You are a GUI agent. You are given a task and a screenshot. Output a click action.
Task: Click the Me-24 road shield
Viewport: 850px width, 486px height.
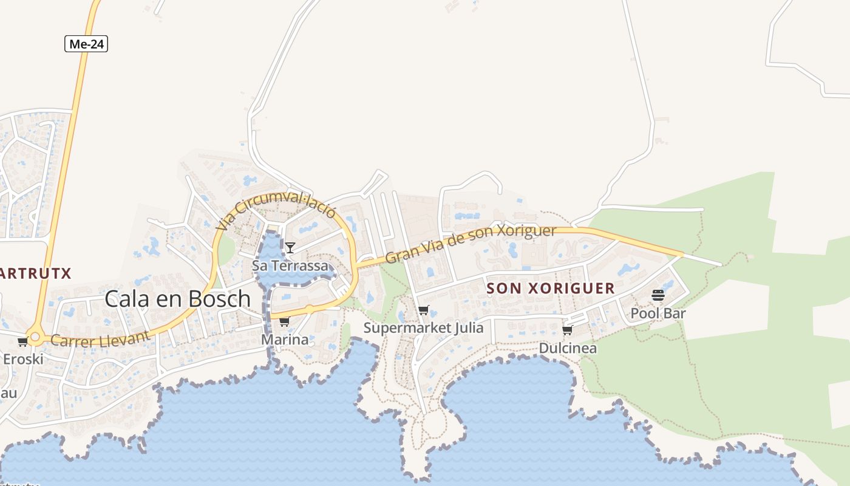click(x=86, y=44)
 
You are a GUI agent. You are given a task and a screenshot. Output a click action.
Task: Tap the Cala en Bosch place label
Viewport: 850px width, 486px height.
click(x=177, y=299)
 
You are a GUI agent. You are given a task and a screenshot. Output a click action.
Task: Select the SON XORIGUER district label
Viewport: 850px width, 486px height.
click(x=551, y=289)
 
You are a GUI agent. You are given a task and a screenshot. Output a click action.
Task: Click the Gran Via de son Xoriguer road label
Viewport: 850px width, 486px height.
click(x=471, y=243)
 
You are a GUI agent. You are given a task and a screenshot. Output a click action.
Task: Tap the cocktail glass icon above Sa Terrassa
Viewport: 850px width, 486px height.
click(x=290, y=247)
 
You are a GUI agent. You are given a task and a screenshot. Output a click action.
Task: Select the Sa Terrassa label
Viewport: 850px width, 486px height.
click(x=290, y=265)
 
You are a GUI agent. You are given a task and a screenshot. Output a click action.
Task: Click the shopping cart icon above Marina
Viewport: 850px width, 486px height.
click(x=284, y=321)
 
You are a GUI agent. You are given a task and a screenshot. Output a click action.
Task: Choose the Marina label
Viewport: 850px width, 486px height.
click(x=285, y=340)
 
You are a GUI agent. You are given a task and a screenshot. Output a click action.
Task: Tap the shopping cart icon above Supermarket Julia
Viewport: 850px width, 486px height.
click(x=424, y=310)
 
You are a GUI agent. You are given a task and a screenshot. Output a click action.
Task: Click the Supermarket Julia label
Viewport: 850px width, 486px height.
click(x=424, y=328)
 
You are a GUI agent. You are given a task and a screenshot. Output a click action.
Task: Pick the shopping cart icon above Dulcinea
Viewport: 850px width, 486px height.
click(x=568, y=330)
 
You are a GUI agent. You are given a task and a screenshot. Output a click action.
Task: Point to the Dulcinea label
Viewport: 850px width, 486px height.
click(x=568, y=348)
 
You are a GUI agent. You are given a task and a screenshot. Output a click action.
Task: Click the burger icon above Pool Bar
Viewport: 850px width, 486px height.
click(x=658, y=296)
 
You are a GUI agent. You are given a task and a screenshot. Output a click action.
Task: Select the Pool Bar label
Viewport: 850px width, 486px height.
click(x=658, y=313)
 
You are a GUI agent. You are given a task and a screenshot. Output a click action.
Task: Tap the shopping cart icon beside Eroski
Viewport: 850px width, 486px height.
click(x=22, y=342)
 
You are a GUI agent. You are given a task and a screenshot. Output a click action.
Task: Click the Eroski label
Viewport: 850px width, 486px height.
click(x=23, y=359)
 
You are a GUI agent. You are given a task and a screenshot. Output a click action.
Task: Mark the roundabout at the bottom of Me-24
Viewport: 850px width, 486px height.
click(x=35, y=337)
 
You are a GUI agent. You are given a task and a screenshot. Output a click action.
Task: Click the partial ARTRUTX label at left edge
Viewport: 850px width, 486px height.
click(x=36, y=273)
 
